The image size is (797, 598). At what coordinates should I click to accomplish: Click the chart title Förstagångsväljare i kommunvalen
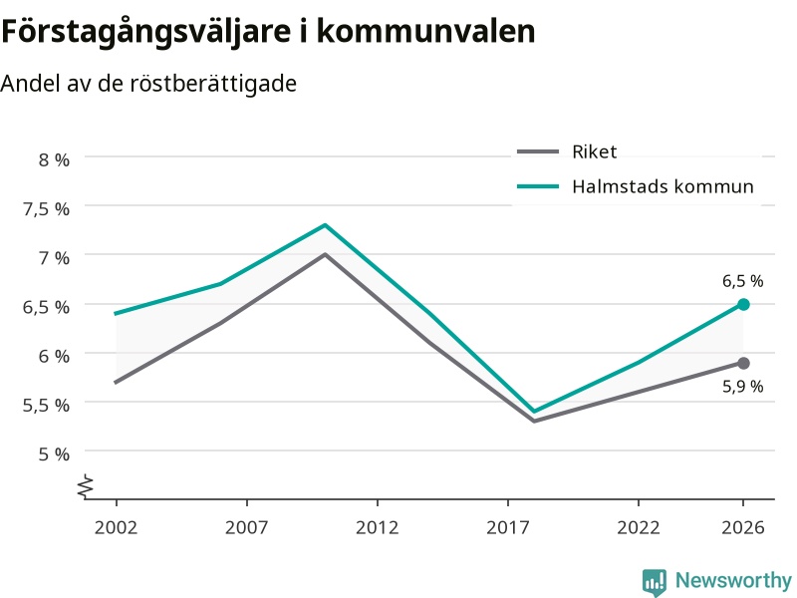(x=268, y=32)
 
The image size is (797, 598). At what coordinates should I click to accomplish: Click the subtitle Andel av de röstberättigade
(x=148, y=84)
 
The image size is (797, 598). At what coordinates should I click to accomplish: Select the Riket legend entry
(x=567, y=151)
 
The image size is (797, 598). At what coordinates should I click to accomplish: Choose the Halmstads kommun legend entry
(x=635, y=186)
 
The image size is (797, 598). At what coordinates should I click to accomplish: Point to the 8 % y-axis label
(x=54, y=159)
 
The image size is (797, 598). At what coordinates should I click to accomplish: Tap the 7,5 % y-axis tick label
(x=46, y=209)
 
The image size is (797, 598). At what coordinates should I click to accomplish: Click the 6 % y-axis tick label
(x=54, y=356)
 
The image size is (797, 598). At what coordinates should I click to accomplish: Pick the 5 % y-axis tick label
(x=54, y=453)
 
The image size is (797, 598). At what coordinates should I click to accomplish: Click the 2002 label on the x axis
(x=116, y=527)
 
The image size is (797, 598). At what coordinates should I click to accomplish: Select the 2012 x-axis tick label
(x=378, y=527)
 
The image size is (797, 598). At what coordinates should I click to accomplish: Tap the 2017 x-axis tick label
(x=508, y=527)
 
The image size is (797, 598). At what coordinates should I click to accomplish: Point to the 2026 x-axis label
(x=743, y=527)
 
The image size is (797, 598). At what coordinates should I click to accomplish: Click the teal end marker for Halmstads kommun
(x=743, y=305)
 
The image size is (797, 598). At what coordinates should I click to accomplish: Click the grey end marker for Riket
(x=743, y=363)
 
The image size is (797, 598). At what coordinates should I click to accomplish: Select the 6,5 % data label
(x=742, y=281)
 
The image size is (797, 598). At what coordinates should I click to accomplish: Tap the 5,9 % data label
(x=742, y=387)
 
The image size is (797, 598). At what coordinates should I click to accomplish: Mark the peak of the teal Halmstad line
(x=326, y=225)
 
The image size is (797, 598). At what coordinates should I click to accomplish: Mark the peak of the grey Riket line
(x=326, y=254)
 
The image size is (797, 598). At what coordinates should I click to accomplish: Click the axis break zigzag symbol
(x=86, y=486)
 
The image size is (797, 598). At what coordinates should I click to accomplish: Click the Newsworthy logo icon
(x=655, y=582)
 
